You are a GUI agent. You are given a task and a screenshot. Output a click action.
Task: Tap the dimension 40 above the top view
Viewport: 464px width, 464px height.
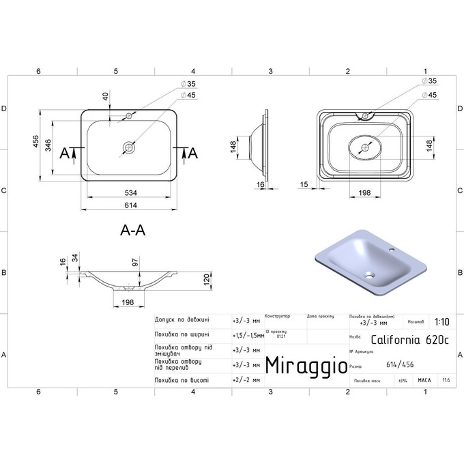pyautogui.click(x=106, y=97)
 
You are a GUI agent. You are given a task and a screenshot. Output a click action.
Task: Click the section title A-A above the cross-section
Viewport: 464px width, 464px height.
pyautogui.click(x=132, y=231)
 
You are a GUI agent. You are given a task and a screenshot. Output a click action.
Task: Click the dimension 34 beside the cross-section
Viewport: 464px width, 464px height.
pyautogui.click(x=74, y=258)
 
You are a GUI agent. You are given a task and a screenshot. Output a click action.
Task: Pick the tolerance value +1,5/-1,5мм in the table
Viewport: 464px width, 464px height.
pyautogui.click(x=246, y=334)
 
